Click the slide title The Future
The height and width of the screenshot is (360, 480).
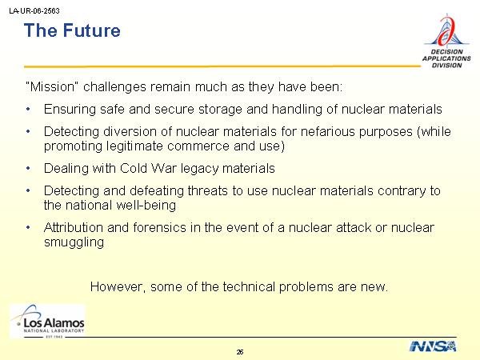click(72, 30)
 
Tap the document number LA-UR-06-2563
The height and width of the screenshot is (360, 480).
click(34, 11)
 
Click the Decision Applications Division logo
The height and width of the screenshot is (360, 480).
click(446, 41)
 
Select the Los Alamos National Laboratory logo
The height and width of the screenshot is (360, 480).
click(48, 321)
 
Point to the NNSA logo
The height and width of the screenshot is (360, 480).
click(433, 346)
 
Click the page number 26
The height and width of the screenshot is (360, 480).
click(240, 352)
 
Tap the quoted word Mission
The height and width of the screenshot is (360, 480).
click(50, 86)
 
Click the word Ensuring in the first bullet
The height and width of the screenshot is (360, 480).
click(70, 110)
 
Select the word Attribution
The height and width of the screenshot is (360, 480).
click(74, 228)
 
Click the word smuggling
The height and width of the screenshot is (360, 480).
click(74, 242)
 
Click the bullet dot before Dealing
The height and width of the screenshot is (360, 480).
click(28, 168)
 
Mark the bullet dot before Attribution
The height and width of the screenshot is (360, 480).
click(28, 227)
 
